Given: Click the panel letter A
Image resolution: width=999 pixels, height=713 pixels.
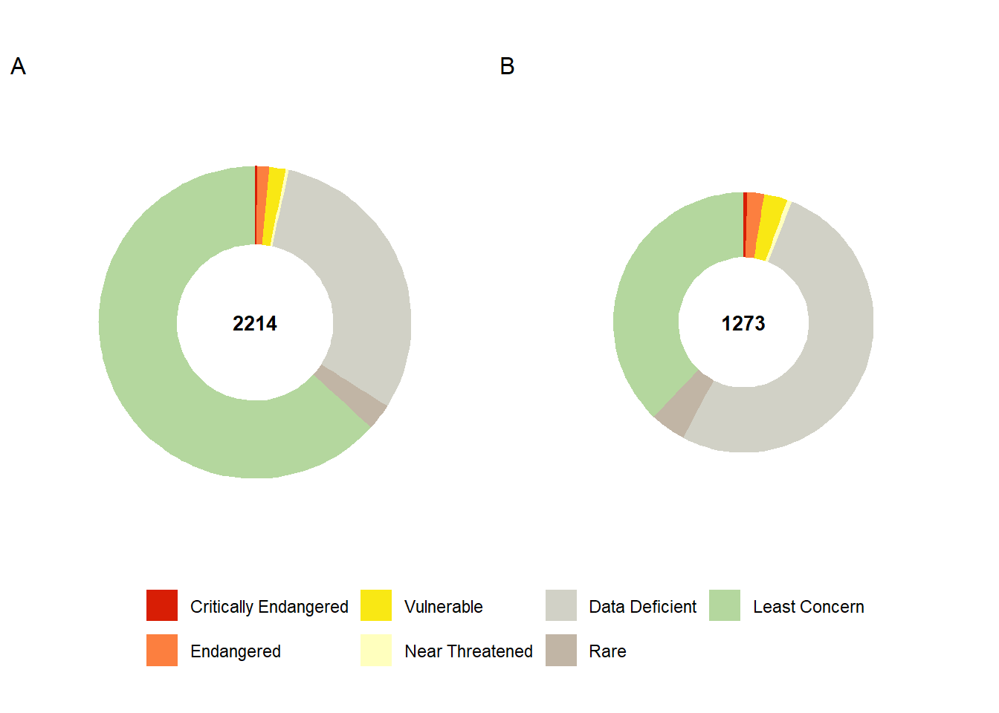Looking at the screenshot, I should point(19,67).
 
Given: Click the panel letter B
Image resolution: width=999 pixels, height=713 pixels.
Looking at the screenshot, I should point(507,67).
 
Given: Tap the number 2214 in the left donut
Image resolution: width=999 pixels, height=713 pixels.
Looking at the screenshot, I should point(255,324).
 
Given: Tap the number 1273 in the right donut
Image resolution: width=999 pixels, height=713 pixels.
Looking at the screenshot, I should point(743,324).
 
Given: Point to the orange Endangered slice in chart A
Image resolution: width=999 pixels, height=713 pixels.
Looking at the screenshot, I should point(261,205).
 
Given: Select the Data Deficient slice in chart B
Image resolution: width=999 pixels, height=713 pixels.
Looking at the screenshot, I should point(825,356).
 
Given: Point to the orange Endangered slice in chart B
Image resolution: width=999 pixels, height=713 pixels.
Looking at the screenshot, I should point(753,224).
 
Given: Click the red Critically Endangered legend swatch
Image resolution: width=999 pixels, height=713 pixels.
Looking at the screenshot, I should point(162,605).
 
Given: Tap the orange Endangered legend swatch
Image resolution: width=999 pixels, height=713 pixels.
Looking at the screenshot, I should point(162,651).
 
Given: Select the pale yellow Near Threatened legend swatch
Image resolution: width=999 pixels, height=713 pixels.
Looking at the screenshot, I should point(376,651).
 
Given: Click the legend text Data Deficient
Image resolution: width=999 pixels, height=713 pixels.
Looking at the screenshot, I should point(642,607).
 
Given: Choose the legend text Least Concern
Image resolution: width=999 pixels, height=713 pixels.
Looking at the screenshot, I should point(808,607).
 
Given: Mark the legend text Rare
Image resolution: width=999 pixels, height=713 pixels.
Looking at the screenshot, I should point(607,651).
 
